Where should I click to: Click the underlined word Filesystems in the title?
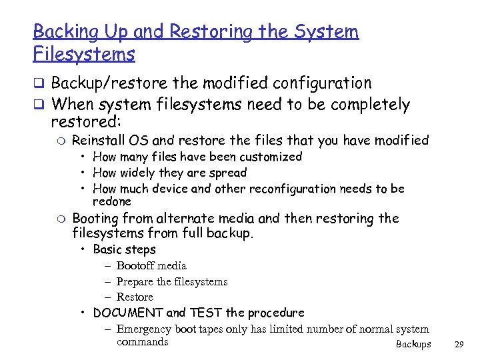[84, 53]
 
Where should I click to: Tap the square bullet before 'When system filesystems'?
[39, 105]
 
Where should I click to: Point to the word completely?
[360, 105]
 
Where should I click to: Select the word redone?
[112, 201]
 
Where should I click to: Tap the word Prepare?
[135, 281]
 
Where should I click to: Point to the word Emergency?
[144, 329]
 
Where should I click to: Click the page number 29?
[458, 345]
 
